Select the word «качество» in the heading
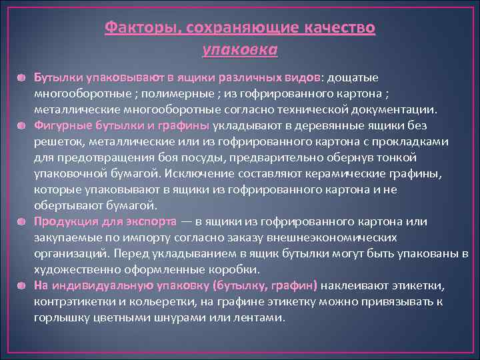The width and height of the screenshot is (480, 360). click(341, 29)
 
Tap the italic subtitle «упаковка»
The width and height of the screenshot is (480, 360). click(239, 49)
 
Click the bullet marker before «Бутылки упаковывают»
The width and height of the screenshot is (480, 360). click(24, 78)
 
